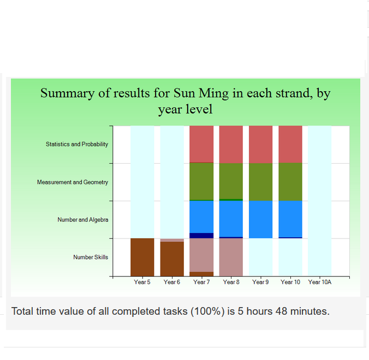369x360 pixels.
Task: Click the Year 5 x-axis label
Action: [x=142, y=282]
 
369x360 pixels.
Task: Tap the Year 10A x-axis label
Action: [x=319, y=282]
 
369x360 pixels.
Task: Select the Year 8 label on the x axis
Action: [x=231, y=282]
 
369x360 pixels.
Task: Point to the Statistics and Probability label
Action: [x=77, y=144]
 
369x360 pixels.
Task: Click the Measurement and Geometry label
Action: [x=73, y=182]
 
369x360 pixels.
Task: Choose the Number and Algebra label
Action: [x=83, y=220]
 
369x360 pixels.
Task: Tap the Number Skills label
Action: [x=91, y=257]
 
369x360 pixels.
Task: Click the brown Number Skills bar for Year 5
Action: [x=142, y=257]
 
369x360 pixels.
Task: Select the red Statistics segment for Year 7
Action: [x=201, y=144]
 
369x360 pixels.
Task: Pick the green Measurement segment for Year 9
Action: [x=260, y=182]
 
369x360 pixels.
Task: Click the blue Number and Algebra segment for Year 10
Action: [x=290, y=219]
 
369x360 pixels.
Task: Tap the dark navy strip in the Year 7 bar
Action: [x=201, y=236]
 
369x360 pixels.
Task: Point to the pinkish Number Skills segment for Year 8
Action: [x=231, y=257]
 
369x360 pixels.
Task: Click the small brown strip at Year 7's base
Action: [x=201, y=274]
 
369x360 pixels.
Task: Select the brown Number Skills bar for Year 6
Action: [x=172, y=259]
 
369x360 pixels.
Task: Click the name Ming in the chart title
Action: [x=213, y=94]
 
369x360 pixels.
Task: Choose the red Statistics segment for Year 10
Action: [x=290, y=144]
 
